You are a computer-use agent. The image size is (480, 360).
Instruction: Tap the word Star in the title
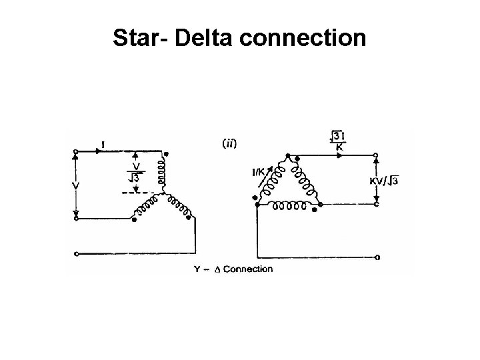tap(137, 38)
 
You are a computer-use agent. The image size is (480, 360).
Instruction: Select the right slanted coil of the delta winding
tap(307, 179)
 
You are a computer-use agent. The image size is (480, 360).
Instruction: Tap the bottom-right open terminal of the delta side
tap(378, 257)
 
